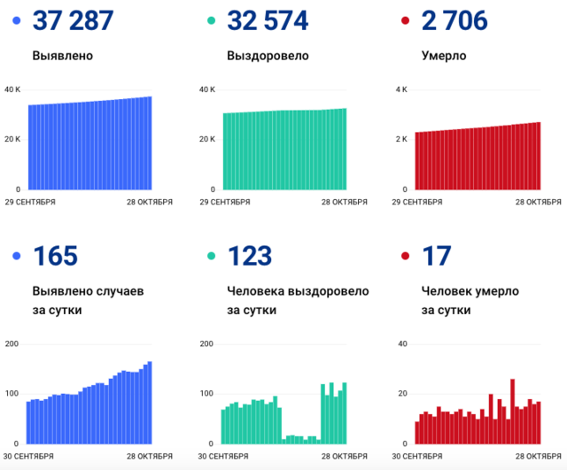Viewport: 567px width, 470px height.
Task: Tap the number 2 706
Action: tap(454, 20)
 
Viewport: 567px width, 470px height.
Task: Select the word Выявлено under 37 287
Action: tap(62, 56)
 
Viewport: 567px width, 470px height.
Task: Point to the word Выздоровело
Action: tap(268, 56)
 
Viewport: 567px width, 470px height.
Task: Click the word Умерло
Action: tap(444, 56)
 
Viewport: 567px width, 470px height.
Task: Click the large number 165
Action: tap(55, 257)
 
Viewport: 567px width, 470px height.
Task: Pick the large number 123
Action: tap(249, 257)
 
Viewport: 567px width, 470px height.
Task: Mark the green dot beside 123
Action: tap(211, 257)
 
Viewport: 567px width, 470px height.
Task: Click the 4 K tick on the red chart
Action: tap(400, 89)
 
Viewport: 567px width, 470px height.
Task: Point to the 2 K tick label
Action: tap(400, 140)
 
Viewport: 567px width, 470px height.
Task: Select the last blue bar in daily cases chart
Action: tap(150, 403)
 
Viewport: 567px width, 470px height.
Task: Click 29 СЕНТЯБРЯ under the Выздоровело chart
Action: tap(224, 202)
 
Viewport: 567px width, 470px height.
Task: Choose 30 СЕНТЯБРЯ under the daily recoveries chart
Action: tap(224, 456)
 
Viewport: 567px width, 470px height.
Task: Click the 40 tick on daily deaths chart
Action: tap(401, 343)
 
